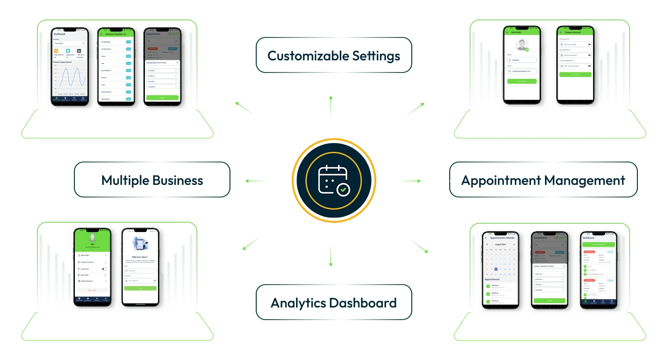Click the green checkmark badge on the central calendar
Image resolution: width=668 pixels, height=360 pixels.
coord(343,189)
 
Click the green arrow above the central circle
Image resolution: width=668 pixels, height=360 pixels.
coord(331,105)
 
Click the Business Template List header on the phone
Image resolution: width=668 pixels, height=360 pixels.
coord(117,34)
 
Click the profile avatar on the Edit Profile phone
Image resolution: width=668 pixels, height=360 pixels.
coord(522,45)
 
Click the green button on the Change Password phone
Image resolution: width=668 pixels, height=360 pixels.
coord(575,74)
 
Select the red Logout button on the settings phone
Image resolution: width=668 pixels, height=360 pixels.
coord(92,290)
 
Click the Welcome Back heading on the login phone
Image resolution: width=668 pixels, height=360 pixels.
coord(140,256)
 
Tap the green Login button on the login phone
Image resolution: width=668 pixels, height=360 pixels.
coord(140,288)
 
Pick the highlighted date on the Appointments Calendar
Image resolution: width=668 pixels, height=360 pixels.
coord(496,269)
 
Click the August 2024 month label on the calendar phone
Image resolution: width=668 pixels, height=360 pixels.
coord(500,244)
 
